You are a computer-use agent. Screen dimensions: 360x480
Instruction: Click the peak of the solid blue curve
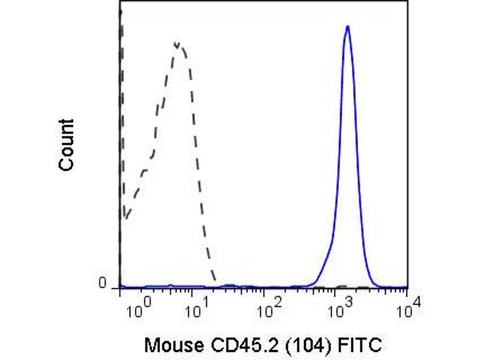coord(347,27)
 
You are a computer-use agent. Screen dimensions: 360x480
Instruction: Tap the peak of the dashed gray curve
coord(178,44)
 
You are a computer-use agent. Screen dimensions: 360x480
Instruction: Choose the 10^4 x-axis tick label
coord(406,311)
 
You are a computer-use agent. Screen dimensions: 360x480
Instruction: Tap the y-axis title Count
coord(67,145)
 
